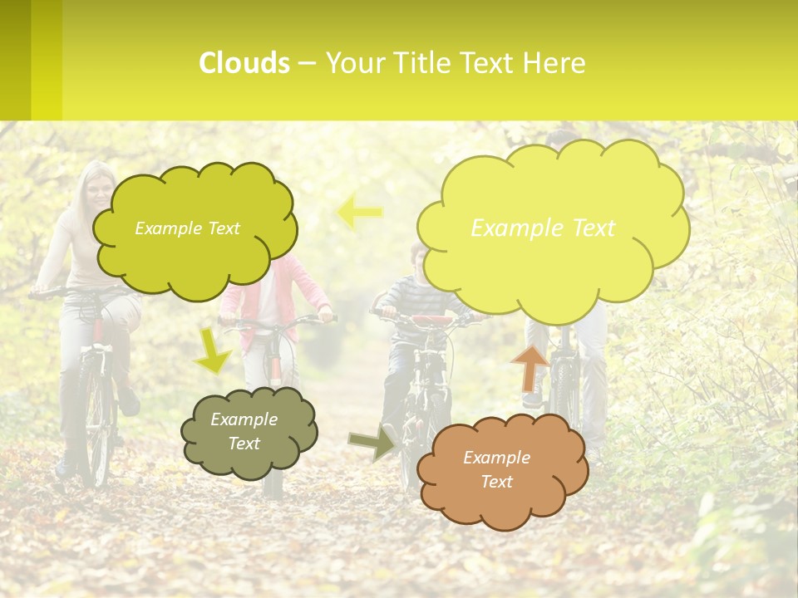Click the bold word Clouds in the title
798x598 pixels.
(x=244, y=63)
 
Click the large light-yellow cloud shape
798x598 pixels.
(x=552, y=224)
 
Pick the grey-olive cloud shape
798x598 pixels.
(x=248, y=433)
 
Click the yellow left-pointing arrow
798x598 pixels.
(x=360, y=212)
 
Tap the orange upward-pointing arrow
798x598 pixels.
(x=530, y=367)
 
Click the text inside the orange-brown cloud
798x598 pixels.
(x=497, y=469)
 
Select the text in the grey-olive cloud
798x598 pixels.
(x=244, y=431)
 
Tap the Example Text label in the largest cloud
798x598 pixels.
(x=543, y=228)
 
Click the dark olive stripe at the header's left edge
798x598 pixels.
(x=15, y=60)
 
